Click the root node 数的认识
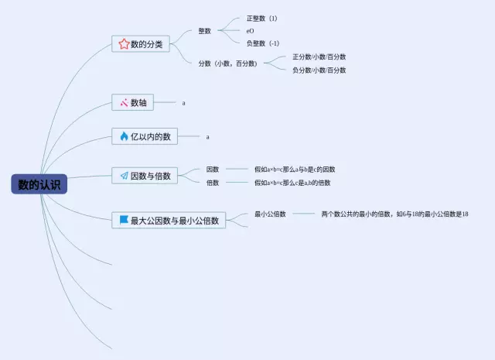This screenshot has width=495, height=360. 39,184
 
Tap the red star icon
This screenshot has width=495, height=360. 124,44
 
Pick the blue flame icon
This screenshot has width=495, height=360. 124,136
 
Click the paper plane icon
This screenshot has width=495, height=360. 124,176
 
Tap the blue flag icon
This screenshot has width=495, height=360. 124,221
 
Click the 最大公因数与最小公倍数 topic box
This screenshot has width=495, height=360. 169,221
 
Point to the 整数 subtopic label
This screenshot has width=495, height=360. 204,31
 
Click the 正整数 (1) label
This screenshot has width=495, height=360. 261,18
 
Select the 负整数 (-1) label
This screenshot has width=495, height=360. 263,43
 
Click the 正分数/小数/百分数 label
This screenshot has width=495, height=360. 319,57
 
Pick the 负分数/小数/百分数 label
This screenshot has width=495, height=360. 319,70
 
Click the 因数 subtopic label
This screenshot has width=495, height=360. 213,169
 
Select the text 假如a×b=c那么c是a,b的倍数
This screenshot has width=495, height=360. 292,183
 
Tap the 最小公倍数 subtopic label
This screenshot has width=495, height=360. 270,214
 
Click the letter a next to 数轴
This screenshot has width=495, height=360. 183,102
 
